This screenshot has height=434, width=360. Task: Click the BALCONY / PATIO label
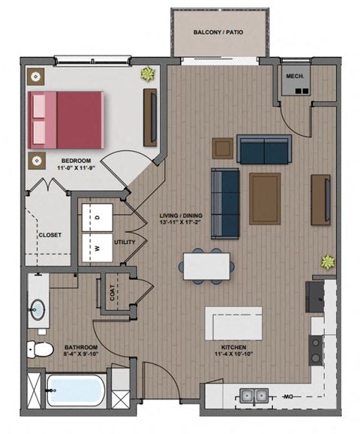[x=217, y=33]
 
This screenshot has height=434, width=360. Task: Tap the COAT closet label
[x=112, y=296]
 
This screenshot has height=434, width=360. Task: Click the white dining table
[x=207, y=264]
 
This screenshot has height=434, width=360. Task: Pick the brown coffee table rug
[x=265, y=192]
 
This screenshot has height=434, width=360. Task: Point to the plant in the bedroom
[x=146, y=74]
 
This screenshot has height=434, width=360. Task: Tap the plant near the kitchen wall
[x=327, y=262]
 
